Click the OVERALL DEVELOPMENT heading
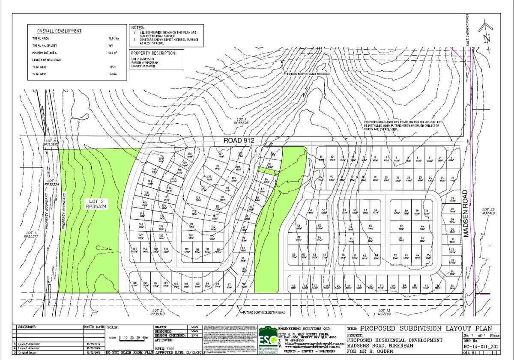coord(59,31)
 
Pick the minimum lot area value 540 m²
coord(113,52)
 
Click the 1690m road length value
coord(113,74)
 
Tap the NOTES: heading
coord(139,27)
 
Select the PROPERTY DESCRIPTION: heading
coord(153,53)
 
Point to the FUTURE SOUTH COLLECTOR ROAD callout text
coord(264,312)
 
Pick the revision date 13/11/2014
coord(93,344)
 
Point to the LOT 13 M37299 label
coord(385,312)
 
